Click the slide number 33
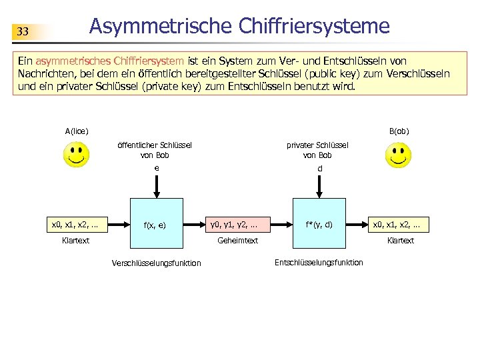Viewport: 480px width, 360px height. coord(23,31)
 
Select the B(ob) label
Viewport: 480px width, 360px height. coord(399,131)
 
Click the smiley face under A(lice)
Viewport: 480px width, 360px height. coord(77,157)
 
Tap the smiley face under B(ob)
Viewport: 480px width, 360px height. coord(398,157)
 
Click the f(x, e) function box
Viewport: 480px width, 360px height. coord(155,224)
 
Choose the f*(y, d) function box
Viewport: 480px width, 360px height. coord(319,224)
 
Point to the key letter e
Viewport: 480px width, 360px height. coord(156,168)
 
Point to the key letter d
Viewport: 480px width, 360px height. coord(319,169)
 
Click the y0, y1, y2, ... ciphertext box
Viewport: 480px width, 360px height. coord(233,224)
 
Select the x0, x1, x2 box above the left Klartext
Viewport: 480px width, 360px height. coord(75,224)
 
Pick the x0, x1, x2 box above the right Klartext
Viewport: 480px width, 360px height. coord(401,224)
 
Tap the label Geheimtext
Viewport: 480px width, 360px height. coord(237,240)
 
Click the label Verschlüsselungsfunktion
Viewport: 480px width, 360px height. coord(156,263)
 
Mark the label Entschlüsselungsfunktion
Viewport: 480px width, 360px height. coord(319,262)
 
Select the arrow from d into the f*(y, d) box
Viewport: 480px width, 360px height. coord(319,187)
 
